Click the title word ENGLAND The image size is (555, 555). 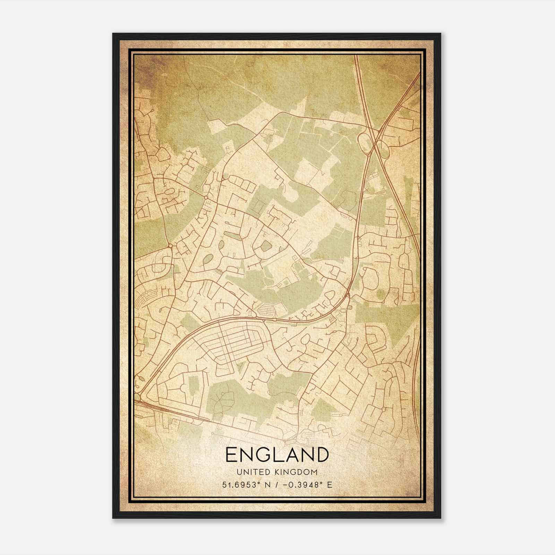pyautogui.click(x=277, y=454)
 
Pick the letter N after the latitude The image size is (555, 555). pyautogui.click(x=267, y=485)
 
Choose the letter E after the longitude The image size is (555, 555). pyautogui.click(x=329, y=485)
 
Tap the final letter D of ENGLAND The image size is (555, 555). pyautogui.click(x=321, y=454)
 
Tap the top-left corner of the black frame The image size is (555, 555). pyautogui.click(x=113, y=34)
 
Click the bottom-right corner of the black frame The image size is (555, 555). pyautogui.click(x=441, y=518)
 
